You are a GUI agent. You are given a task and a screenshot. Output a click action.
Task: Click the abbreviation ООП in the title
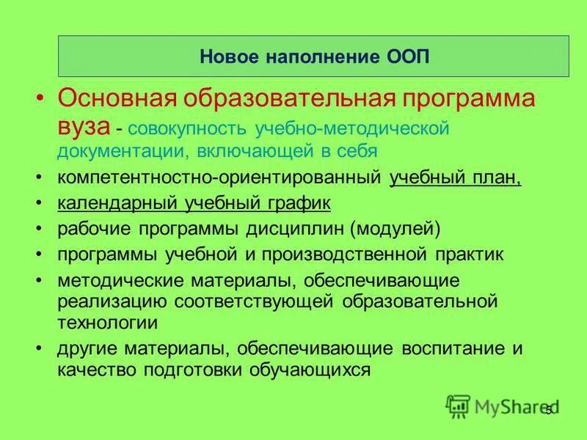coord(404,56)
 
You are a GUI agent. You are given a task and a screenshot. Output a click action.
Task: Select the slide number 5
coord(548,411)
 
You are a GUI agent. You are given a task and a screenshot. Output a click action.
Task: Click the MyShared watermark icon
coord(459,406)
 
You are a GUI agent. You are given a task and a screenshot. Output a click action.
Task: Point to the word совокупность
coord(188,129)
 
